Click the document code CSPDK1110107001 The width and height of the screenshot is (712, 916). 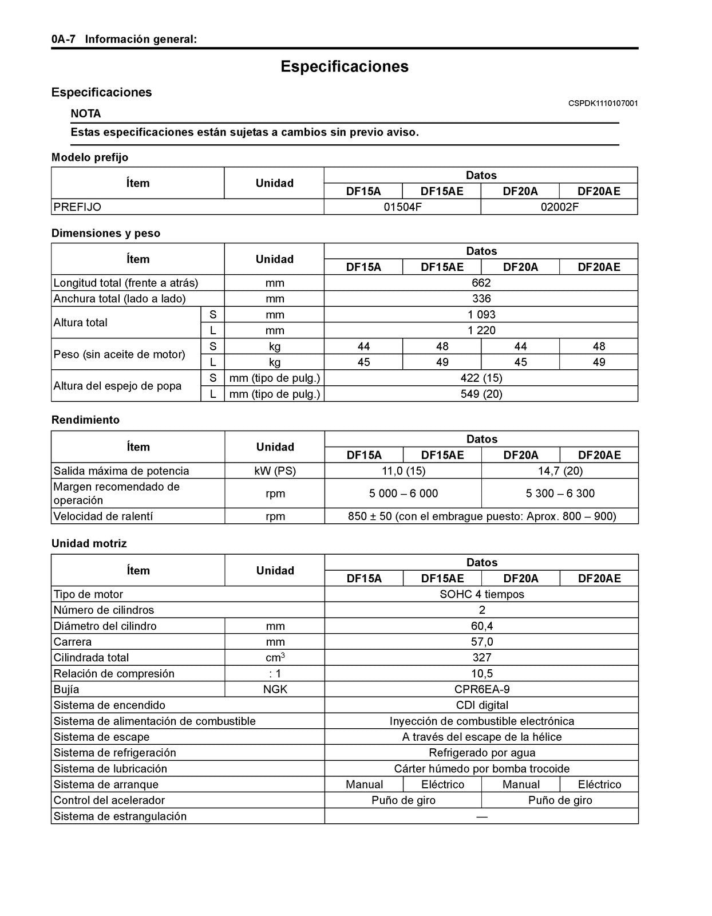[603, 104]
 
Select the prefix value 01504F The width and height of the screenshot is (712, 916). [402, 207]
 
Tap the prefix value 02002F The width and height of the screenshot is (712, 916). [559, 207]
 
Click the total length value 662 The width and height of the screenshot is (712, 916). [481, 283]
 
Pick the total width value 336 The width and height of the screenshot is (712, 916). [481, 299]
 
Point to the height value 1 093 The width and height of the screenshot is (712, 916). [481, 315]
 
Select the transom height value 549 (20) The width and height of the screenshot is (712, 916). [481, 394]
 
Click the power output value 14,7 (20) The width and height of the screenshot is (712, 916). [560, 471]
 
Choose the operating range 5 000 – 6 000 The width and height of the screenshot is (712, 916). [403, 493]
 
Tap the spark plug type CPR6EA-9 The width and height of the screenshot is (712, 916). [481, 689]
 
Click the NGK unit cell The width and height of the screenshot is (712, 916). [275, 689]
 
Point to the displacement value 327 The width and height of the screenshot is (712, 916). [481, 658]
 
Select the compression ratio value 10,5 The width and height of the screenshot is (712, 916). [481, 674]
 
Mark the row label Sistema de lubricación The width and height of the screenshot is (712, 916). [110, 769]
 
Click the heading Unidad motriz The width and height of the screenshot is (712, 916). [89, 543]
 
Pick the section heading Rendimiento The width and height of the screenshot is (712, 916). [85, 420]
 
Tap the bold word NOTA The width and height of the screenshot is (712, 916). [85, 113]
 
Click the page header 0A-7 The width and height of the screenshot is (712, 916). [63, 40]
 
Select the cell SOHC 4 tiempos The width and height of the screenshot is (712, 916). [481, 594]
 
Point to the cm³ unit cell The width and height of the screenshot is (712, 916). [275, 658]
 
